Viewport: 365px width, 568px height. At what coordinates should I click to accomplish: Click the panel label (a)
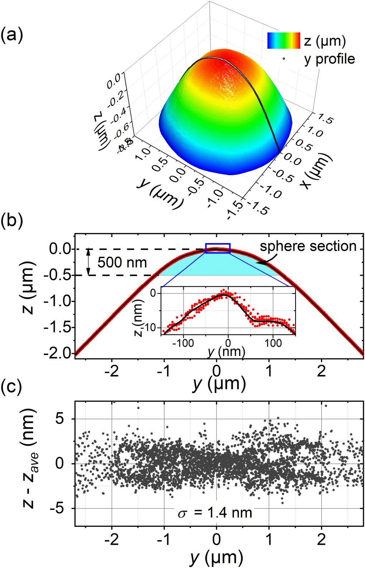[x=12, y=35]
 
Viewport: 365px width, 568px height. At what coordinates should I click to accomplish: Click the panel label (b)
[x=12, y=221]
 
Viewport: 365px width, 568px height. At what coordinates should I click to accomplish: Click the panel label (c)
[x=12, y=387]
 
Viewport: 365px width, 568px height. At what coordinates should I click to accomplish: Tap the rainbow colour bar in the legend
[x=283, y=40]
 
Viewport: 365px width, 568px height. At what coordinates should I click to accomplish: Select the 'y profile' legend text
[x=329, y=59]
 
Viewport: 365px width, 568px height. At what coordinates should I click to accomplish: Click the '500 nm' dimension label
[x=122, y=263]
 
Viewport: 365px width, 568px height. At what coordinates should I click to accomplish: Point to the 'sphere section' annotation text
[x=308, y=246]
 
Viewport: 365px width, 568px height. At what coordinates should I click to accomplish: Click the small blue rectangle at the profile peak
[x=218, y=248]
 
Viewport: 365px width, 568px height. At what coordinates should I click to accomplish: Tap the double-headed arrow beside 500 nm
[x=89, y=262]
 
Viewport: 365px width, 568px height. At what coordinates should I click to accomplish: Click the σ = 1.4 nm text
[x=215, y=513]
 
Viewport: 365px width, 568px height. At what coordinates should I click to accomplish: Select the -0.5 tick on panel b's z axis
[x=57, y=275]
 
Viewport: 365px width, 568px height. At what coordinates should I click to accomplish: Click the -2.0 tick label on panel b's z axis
[x=57, y=353]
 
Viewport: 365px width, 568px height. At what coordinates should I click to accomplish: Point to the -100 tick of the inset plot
[x=183, y=343]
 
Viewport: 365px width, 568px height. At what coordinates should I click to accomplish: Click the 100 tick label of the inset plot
[x=273, y=343]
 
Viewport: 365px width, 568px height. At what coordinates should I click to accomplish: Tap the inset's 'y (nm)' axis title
[x=226, y=352]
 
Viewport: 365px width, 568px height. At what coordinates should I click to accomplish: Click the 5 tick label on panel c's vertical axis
[x=60, y=419]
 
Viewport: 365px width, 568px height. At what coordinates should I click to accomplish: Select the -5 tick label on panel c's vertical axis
[x=57, y=508]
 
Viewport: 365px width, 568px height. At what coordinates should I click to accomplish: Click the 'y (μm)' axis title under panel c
[x=216, y=558]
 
